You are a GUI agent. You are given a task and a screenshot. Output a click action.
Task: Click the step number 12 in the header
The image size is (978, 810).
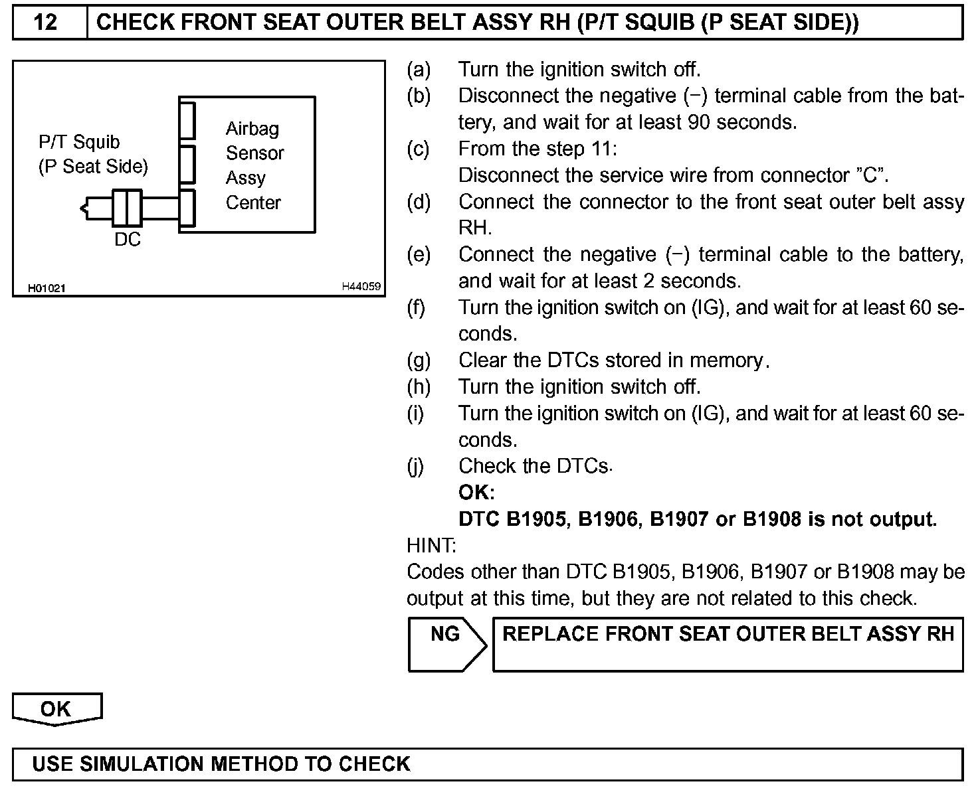(46, 23)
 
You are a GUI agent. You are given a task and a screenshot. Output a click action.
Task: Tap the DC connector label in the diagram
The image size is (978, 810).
(128, 240)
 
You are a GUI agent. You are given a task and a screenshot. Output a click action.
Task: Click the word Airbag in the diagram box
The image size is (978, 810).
(252, 129)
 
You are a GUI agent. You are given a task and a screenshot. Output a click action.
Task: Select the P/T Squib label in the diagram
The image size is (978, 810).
(79, 142)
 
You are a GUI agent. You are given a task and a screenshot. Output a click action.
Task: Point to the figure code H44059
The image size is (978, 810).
(361, 287)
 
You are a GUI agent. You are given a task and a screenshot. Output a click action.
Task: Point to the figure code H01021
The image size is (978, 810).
(47, 288)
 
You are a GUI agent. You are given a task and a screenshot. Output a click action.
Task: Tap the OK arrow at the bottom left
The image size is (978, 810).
(56, 708)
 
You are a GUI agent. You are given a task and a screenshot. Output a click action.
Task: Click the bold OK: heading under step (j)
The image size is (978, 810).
(476, 493)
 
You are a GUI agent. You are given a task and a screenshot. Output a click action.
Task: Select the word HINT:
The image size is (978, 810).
(431, 546)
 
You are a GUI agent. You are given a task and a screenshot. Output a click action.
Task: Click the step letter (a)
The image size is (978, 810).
(419, 70)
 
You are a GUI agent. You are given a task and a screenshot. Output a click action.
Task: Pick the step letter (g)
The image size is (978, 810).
(419, 361)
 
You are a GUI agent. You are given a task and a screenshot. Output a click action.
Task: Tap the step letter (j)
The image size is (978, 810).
(415, 466)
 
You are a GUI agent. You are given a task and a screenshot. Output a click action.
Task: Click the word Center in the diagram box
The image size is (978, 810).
(253, 202)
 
